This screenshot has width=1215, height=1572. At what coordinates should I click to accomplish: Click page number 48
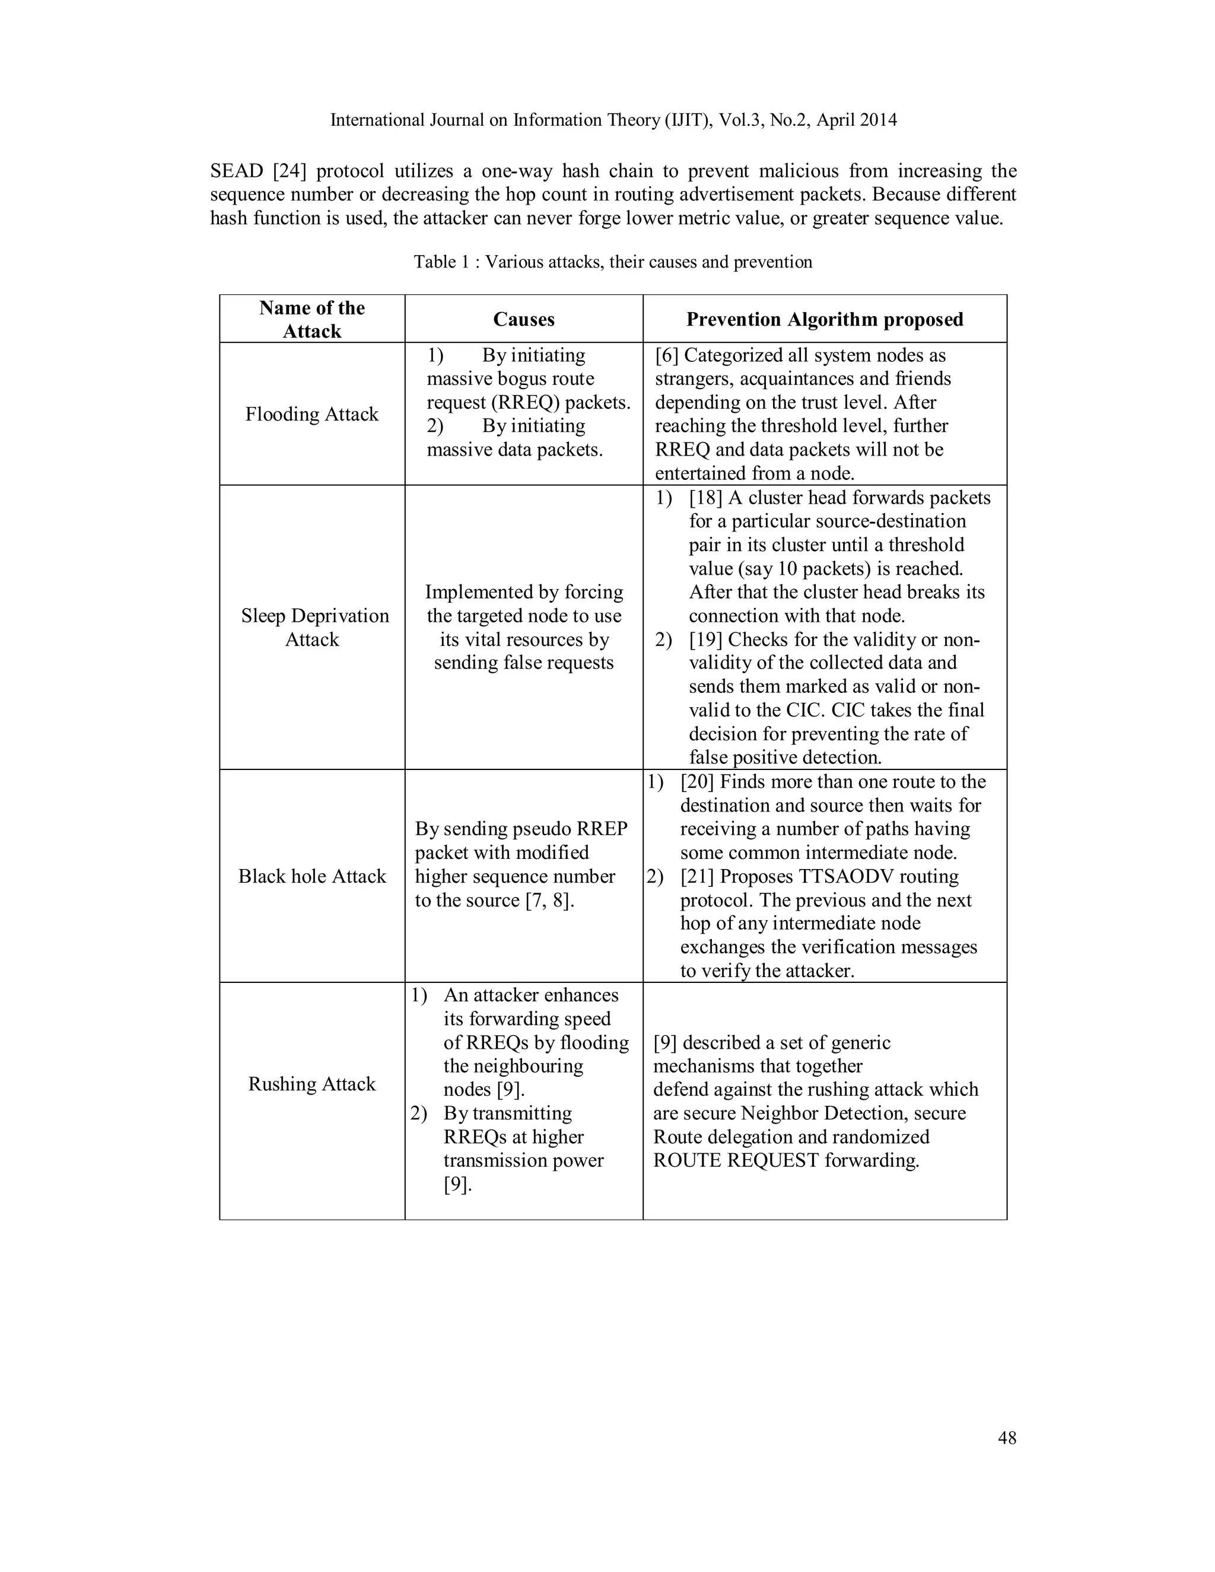[1007, 1438]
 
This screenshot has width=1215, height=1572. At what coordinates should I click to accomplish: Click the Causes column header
[523, 320]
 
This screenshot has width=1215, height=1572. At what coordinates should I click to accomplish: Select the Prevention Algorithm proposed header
[824, 320]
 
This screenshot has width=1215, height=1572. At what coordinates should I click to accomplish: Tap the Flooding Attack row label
[311, 414]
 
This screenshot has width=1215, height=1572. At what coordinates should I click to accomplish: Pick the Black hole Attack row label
[311, 876]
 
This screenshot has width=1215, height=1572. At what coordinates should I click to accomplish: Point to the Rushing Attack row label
[311, 1084]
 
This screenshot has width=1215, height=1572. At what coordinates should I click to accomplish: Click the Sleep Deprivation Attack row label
[314, 628]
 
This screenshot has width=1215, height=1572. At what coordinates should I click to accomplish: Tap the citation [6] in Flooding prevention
[666, 355]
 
